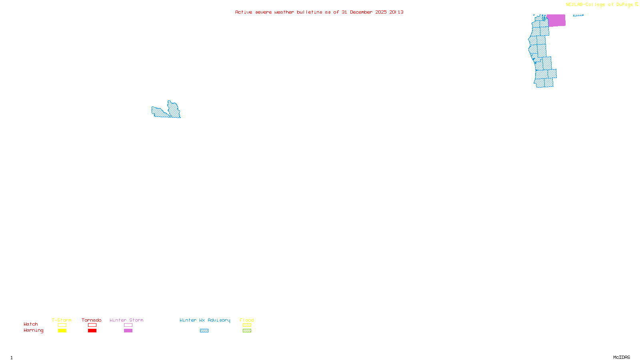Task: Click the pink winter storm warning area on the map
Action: tap(556, 20)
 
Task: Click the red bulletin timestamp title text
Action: tap(319, 12)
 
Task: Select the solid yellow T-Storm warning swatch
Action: tap(62, 331)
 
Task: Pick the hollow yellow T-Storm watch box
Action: tap(62, 325)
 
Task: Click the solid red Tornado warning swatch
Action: tap(92, 331)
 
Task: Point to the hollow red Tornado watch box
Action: tap(92, 325)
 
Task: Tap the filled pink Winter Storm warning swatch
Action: tap(128, 331)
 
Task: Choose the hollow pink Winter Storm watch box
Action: tap(128, 325)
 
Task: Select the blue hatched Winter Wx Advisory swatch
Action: tap(204, 331)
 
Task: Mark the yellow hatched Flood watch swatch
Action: tap(247, 325)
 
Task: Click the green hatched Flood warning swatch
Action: tap(247, 331)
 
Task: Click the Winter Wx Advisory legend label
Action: tap(205, 320)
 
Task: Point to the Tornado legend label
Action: tap(92, 320)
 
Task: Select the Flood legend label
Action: tap(247, 320)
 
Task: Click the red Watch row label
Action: tap(31, 324)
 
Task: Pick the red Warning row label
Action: tap(33, 330)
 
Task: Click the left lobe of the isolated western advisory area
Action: tap(159, 112)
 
